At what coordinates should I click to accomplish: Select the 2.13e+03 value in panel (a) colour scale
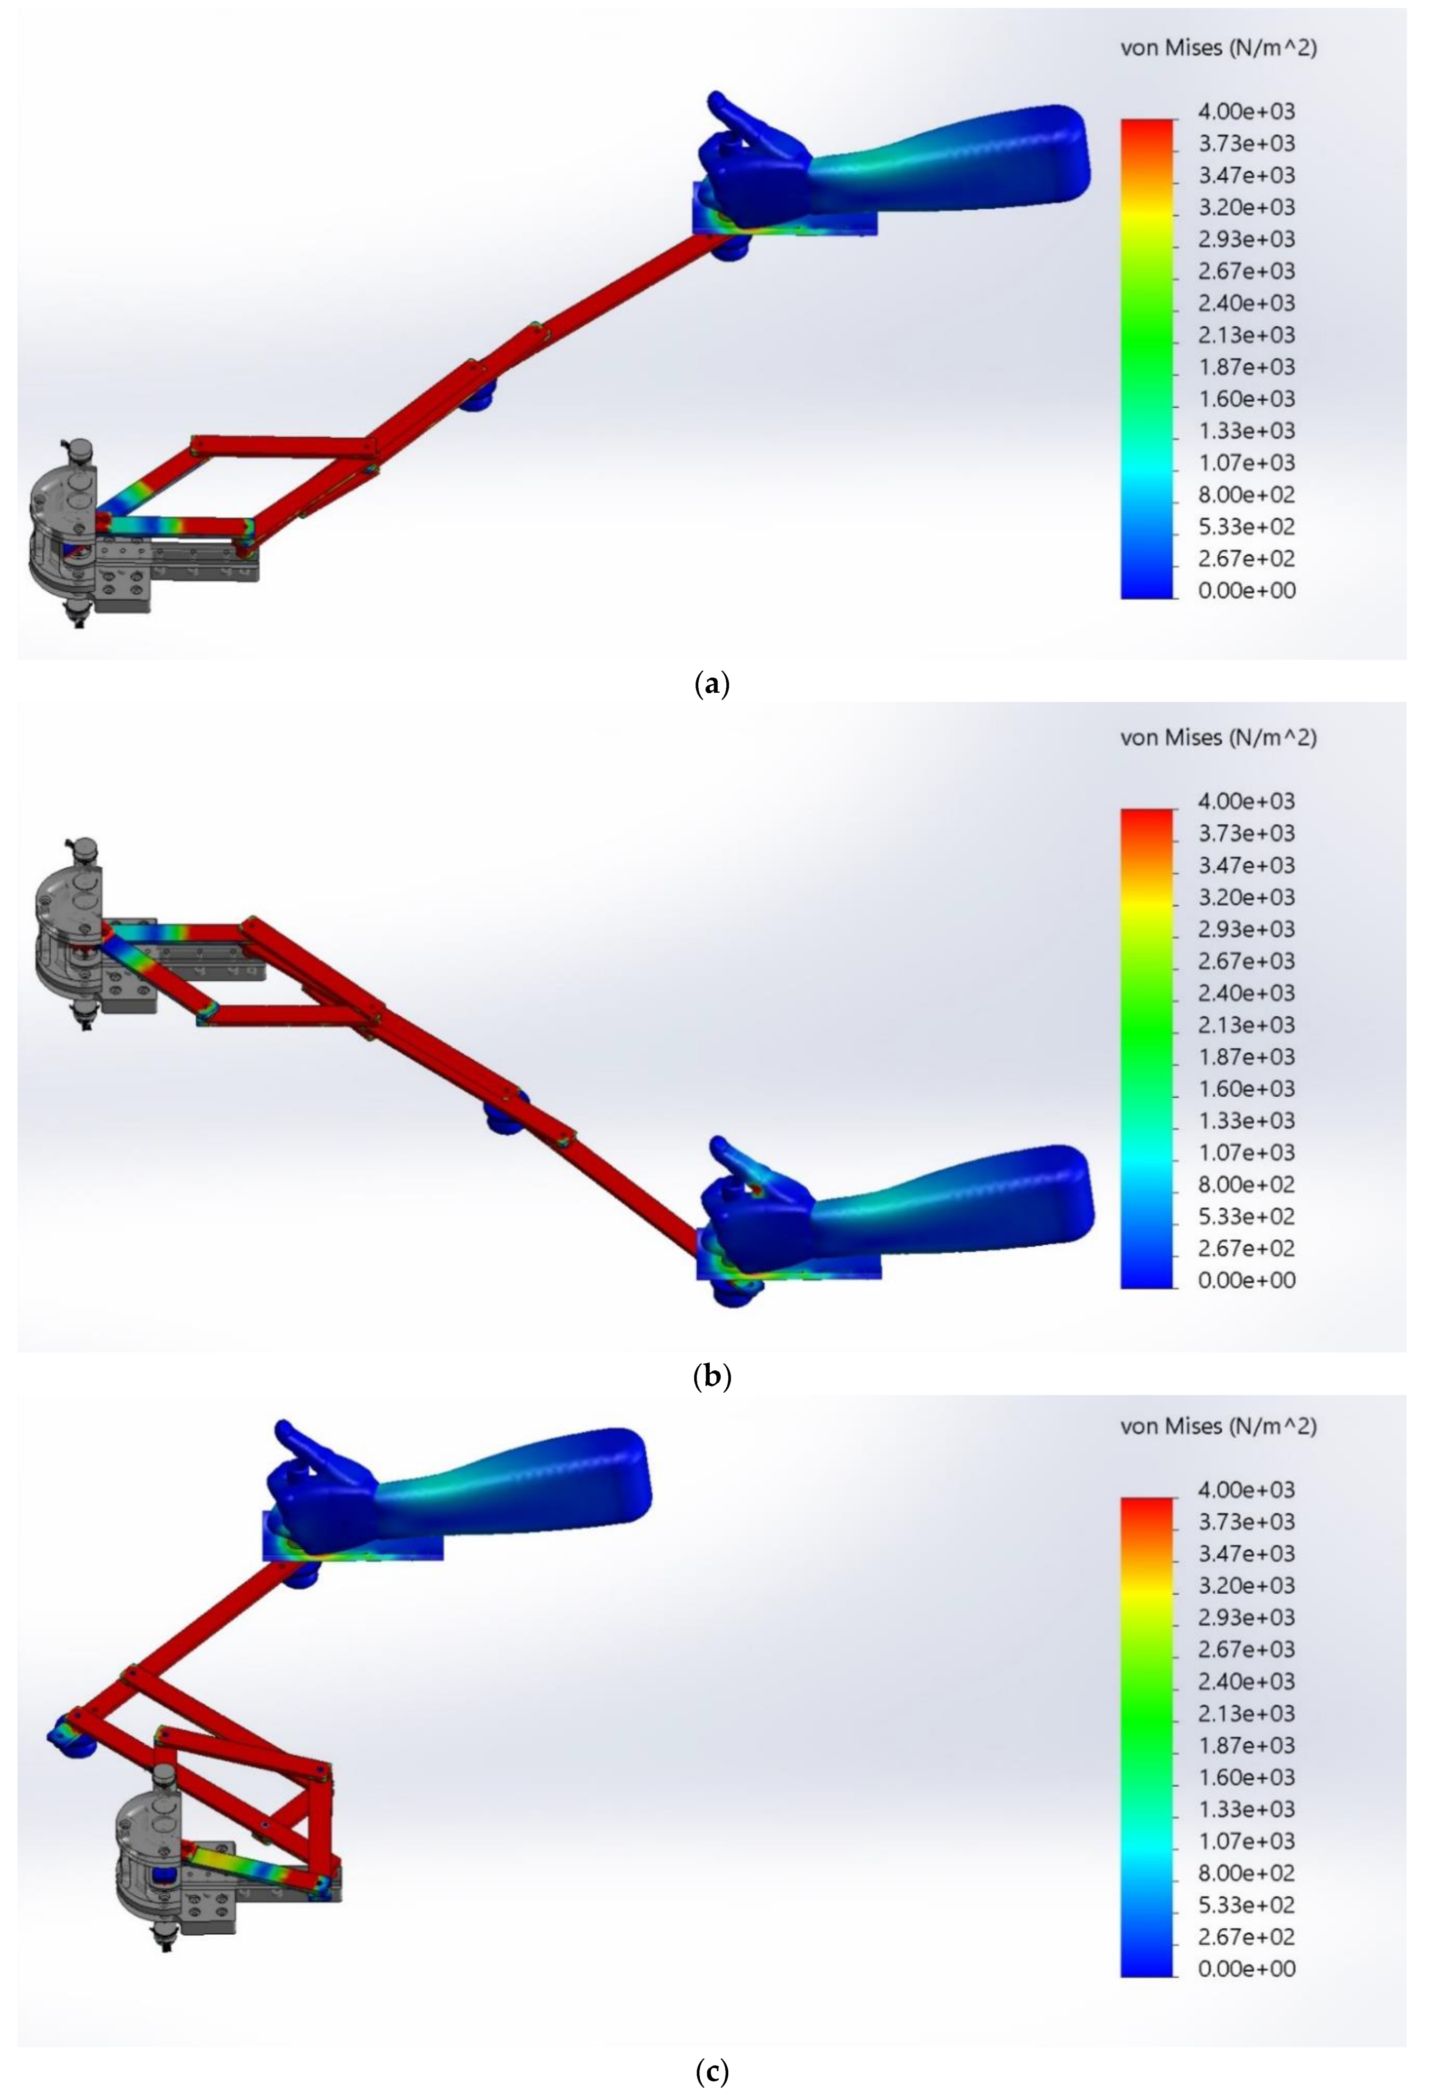[1246, 334]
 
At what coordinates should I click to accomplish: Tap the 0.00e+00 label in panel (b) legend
[1246, 1279]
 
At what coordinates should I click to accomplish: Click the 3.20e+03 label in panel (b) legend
[1246, 897]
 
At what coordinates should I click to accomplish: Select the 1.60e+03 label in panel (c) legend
[1246, 1777]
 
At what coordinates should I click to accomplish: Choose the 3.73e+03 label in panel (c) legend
[1246, 1522]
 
